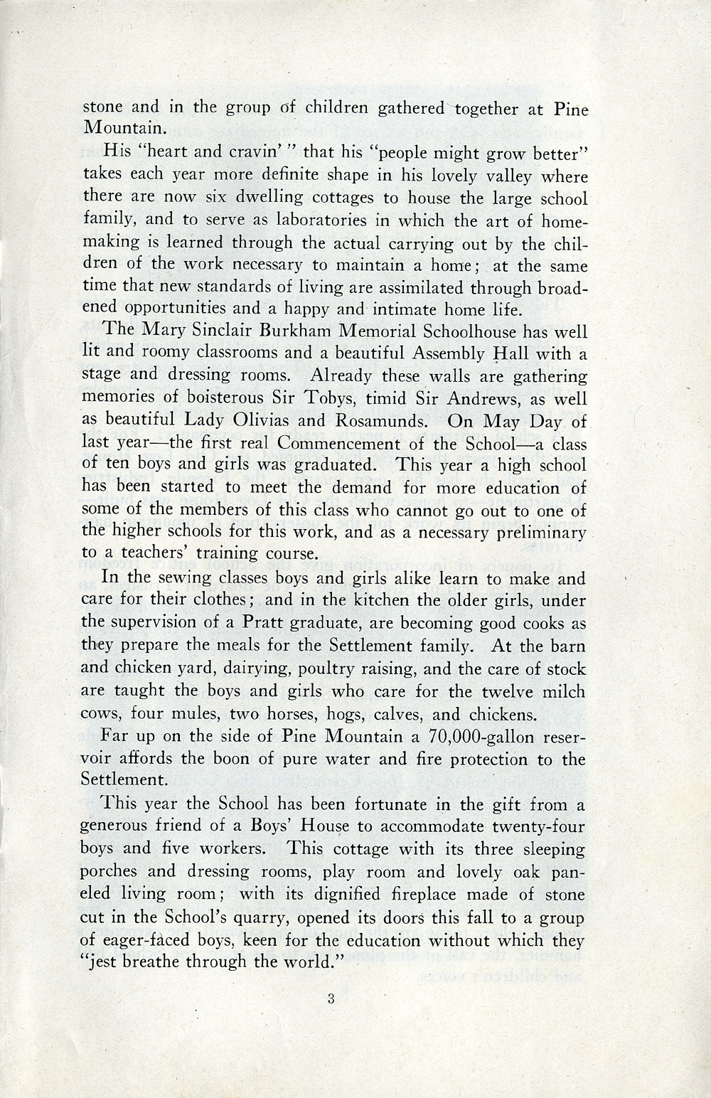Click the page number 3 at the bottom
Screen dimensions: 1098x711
(331, 998)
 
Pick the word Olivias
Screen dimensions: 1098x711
(255, 420)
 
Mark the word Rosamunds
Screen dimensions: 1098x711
(376, 420)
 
